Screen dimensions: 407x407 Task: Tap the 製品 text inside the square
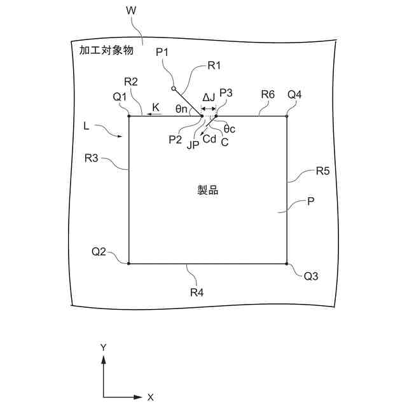click(x=208, y=190)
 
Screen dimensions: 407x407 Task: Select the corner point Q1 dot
click(x=129, y=116)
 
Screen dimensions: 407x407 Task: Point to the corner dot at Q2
click(x=129, y=263)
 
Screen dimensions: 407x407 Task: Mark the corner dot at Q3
click(x=287, y=263)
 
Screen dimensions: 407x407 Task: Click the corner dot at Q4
click(x=287, y=116)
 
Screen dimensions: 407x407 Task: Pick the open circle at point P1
click(x=174, y=89)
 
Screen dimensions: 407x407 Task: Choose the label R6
click(x=268, y=93)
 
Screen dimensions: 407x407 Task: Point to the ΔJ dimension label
click(x=208, y=97)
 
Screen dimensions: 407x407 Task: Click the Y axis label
click(x=103, y=347)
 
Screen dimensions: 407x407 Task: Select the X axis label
click(x=151, y=397)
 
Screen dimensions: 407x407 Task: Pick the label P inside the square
click(x=311, y=201)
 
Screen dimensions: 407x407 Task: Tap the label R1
click(x=214, y=65)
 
